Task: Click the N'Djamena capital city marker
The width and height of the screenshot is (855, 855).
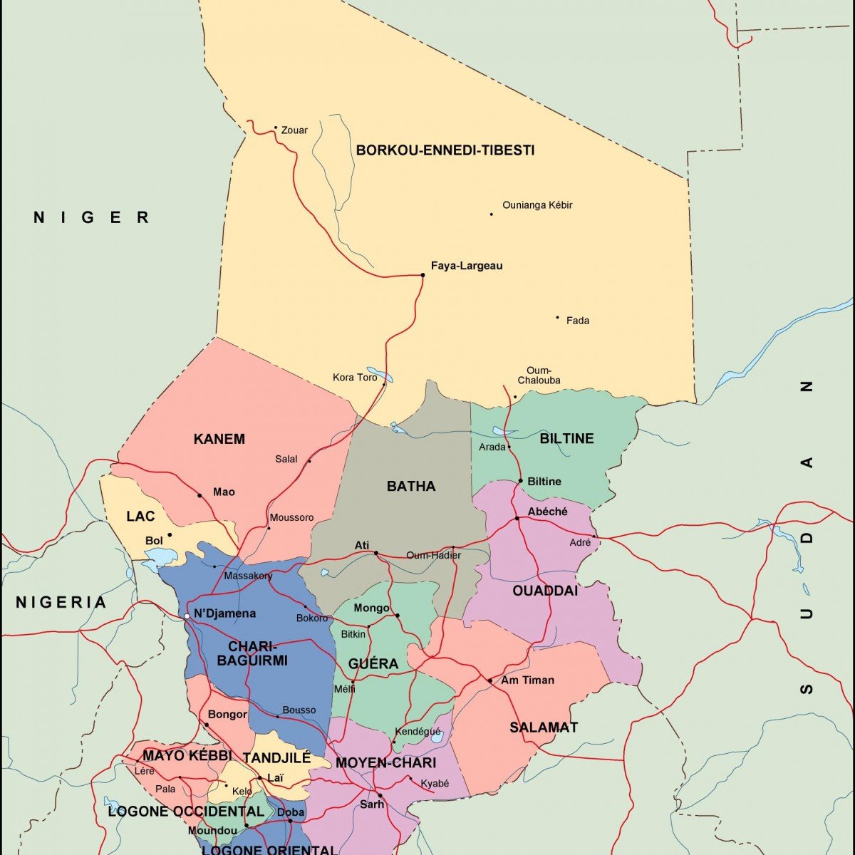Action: [x=187, y=616]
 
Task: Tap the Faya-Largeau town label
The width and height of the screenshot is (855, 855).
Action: [x=467, y=266]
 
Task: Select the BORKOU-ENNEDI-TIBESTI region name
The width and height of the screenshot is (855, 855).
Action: [x=445, y=150]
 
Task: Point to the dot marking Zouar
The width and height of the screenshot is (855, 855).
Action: [x=276, y=128]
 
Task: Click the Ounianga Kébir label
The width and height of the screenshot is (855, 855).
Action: [x=537, y=205]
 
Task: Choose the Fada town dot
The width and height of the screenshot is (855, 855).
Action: [x=557, y=318]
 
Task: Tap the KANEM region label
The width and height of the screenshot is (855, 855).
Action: [x=219, y=439]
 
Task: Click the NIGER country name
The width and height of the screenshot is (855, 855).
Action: [x=91, y=217]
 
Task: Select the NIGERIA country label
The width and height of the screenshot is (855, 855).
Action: [x=61, y=603]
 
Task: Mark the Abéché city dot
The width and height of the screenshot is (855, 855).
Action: [x=517, y=518]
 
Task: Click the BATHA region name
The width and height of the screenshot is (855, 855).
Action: [x=410, y=486]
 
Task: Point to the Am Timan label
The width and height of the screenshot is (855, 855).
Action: [x=527, y=680]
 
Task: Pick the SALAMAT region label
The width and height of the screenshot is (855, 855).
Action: [x=544, y=727]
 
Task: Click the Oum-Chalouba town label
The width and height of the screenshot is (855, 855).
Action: [x=539, y=375]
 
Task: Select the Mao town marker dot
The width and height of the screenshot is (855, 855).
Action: [x=199, y=495]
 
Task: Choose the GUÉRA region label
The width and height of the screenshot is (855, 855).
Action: [x=373, y=664]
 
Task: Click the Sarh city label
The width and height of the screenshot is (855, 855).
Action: [x=371, y=804]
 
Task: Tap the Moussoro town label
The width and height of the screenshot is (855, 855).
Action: [x=291, y=517]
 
